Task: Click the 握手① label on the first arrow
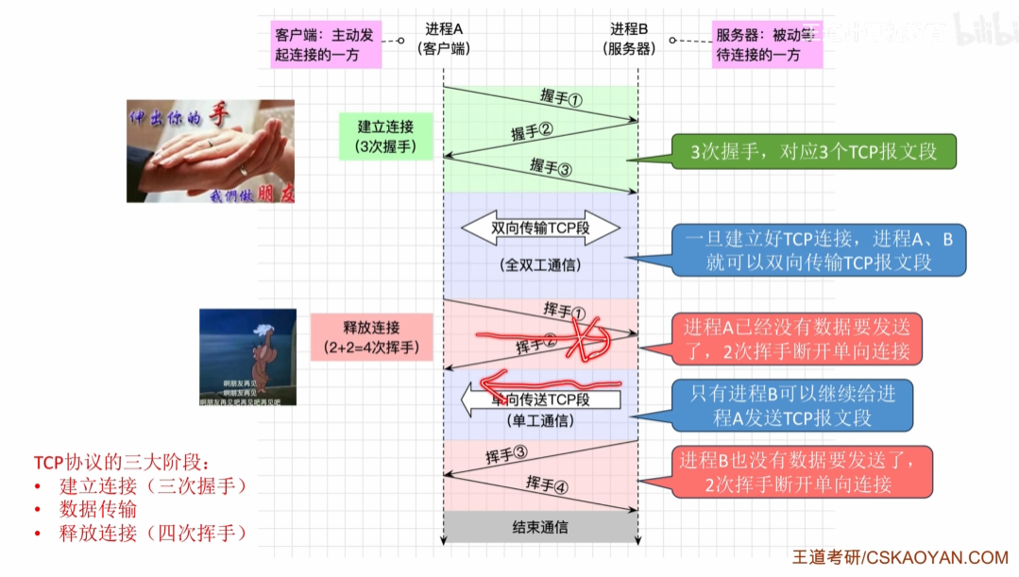pos(561,99)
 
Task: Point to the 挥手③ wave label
pos(506,455)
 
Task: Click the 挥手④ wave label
pos(548,484)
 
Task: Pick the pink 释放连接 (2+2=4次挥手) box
pos(372,337)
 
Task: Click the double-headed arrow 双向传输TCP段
pos(540,229)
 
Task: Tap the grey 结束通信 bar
pos(540,527)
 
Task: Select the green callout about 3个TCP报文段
pos(814,151)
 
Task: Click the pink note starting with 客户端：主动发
pos(325,44)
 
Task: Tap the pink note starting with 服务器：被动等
pos(768,44)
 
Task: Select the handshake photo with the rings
pos(211,151)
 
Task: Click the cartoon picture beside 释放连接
pos(247,357)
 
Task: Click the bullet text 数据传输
pos(98,509)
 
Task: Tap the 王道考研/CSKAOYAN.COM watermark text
pos(900,558)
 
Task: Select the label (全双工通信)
pos(540,265)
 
